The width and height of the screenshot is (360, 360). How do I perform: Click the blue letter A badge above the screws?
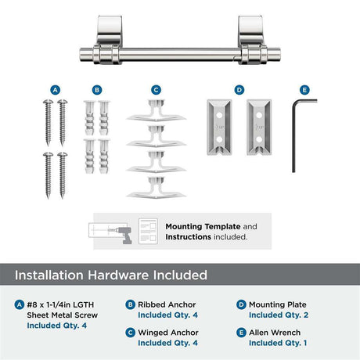55,90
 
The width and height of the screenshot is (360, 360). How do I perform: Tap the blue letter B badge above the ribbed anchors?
97,90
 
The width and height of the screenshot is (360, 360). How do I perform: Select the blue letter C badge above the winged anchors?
156,90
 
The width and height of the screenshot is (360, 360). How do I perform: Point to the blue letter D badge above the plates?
239,90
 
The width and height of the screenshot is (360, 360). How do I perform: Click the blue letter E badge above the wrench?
304,90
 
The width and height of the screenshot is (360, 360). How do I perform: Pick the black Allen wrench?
293,135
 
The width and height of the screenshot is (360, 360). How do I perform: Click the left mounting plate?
219,127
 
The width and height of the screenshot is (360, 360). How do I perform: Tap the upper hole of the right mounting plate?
259,115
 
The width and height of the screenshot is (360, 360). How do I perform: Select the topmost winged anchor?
157,110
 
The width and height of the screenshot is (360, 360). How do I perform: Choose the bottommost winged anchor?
157,188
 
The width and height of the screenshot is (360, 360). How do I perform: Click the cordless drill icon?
124,234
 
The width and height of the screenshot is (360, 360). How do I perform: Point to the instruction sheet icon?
148,232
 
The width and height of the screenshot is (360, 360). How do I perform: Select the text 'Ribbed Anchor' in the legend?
167,304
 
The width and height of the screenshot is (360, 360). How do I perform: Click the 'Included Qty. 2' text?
279,315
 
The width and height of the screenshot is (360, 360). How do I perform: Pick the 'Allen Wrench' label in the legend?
275,333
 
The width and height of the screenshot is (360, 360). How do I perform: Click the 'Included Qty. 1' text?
278,343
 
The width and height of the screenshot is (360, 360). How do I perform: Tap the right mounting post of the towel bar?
250,39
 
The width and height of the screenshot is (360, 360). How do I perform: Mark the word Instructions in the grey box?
188,237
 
